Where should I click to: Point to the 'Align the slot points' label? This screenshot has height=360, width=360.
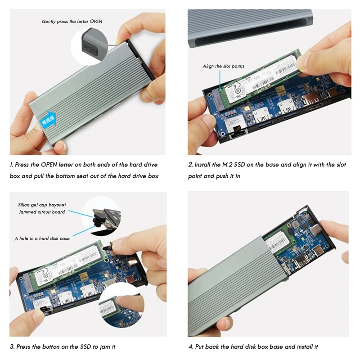click(223, 66)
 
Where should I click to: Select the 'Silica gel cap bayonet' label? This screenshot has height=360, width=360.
click(40, 204)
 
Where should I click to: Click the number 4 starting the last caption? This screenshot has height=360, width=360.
click(190, 347)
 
